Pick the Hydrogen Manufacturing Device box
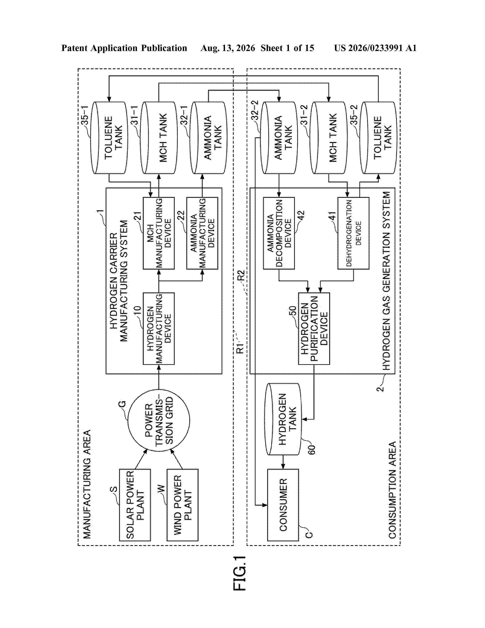[x=159, y=329]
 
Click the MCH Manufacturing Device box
[x=159, y=233]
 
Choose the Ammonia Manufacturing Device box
[x=202, y=233]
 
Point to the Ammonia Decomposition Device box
[x=279, y=233]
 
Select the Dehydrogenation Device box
[x=353, y=233]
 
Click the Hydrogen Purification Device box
[x=314, y=329]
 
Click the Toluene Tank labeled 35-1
[x=109, y=138]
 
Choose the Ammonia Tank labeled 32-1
[x=208, y=138]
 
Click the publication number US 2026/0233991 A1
[x=375, y=48]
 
